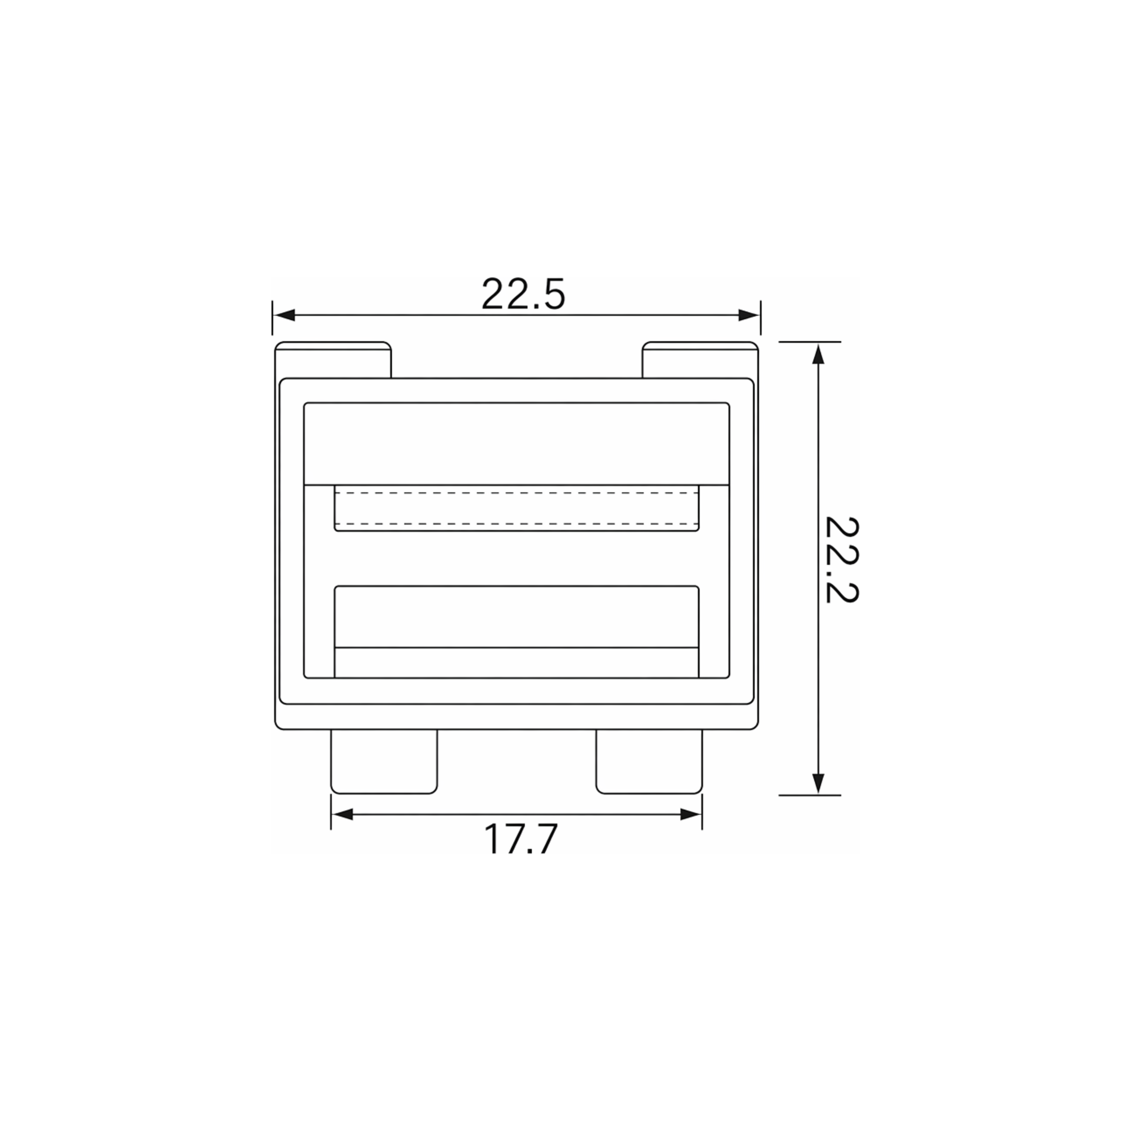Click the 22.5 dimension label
click(523, 294)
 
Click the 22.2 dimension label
click(841, 560)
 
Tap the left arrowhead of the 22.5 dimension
click(283, 315)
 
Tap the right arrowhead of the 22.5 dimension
click(749, 315)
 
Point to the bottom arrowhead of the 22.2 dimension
click(818, 784)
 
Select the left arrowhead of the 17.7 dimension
click(342, 814)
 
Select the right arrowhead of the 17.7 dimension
click(691, 814)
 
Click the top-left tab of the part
click(333, 360)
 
